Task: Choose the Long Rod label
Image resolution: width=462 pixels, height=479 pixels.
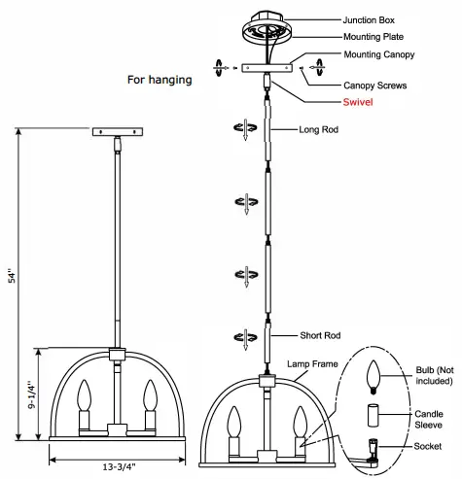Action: coord(317,128)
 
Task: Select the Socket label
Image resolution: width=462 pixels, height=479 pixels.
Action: coord(427,446)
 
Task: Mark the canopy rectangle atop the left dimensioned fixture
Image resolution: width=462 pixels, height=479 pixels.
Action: coord(117,131)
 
